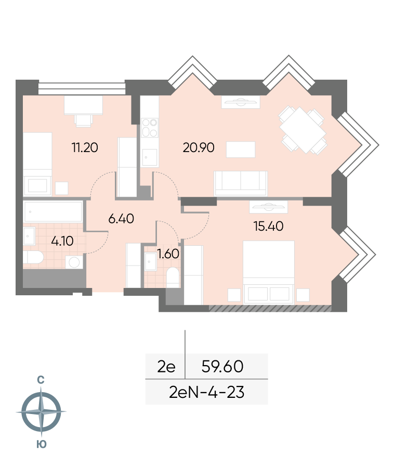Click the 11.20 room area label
(85, 147)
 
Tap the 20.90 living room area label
(199, 147)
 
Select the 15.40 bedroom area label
(269, 227)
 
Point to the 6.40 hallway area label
(121, 219)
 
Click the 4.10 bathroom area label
(62, 241)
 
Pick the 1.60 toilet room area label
(168, 254)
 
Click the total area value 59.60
(222, 366)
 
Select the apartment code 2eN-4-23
(207, 392)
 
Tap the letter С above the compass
(41, 380)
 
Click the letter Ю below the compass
(42, 444)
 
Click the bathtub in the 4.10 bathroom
(53, 211)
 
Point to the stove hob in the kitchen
(150, 128)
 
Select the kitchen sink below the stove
(150, 157)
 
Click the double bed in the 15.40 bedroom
(269, 272)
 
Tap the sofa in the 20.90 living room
(241, 183)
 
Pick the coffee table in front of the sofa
(241, 149)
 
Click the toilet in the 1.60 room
(173, 277)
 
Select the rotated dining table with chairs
(303, 131)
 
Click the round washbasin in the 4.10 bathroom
(74, 262)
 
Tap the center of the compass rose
(41, 411)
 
